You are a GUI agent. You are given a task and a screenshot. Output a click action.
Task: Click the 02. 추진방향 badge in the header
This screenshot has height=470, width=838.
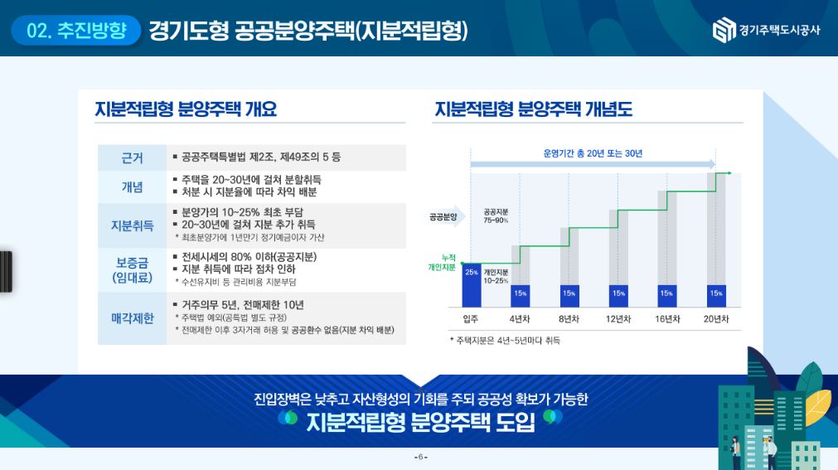coord(76,31)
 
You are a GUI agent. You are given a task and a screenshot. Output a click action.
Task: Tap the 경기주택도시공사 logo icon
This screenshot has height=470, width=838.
coord(724,31)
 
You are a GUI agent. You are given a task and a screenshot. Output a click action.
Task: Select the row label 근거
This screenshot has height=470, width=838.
coord(132,157)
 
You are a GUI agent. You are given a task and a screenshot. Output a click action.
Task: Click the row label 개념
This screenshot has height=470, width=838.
coord(132,187)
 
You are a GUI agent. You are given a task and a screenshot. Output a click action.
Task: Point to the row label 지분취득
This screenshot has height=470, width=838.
coord(132,225)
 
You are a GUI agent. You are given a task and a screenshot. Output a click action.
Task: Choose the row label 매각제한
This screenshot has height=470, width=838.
coord(132,317)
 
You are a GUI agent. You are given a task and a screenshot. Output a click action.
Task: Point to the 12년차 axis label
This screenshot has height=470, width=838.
coord(618,319)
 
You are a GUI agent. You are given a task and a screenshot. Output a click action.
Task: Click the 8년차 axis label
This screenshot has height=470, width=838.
coord(569,319)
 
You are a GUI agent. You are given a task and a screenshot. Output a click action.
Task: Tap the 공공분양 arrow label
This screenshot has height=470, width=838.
coord(444,217)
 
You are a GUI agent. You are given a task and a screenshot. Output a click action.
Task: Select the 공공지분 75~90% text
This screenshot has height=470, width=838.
coord(496,216)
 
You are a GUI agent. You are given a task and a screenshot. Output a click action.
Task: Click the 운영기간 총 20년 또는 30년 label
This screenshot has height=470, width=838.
coord(593,153)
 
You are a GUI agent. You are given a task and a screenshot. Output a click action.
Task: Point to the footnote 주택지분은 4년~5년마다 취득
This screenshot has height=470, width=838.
coord(505,340)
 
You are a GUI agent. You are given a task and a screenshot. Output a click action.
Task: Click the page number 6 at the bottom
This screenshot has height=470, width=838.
coord(420,458)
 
